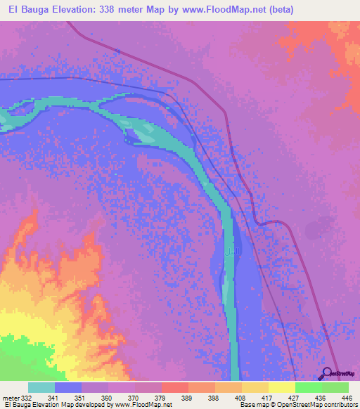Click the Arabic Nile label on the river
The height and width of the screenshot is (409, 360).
[x=231, y=250]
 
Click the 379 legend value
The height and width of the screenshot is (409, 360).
[x=161, y=398]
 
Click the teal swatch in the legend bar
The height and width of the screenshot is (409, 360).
[x=41, y=387]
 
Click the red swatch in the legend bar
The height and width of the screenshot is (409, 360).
[x=174, y=387]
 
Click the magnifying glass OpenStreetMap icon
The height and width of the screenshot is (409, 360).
[x=326, y=373]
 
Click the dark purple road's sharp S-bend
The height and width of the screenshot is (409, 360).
[x=264, y=223]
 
